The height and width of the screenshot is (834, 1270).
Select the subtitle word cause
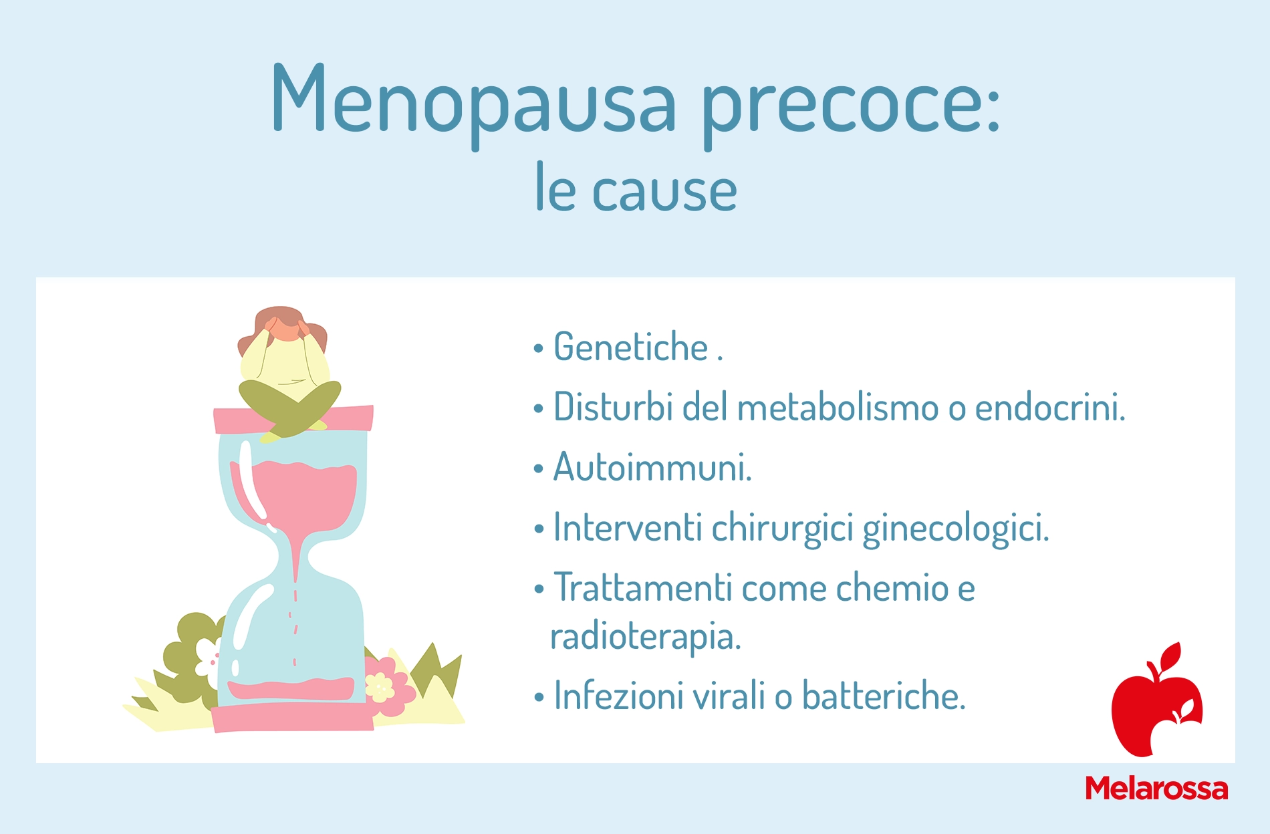point(664,191)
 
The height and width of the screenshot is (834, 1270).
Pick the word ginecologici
point(956,528)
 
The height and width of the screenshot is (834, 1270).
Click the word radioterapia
point(645,636)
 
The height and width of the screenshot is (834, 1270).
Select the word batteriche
point(884,696)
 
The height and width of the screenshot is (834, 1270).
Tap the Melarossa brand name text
point(1156,789)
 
